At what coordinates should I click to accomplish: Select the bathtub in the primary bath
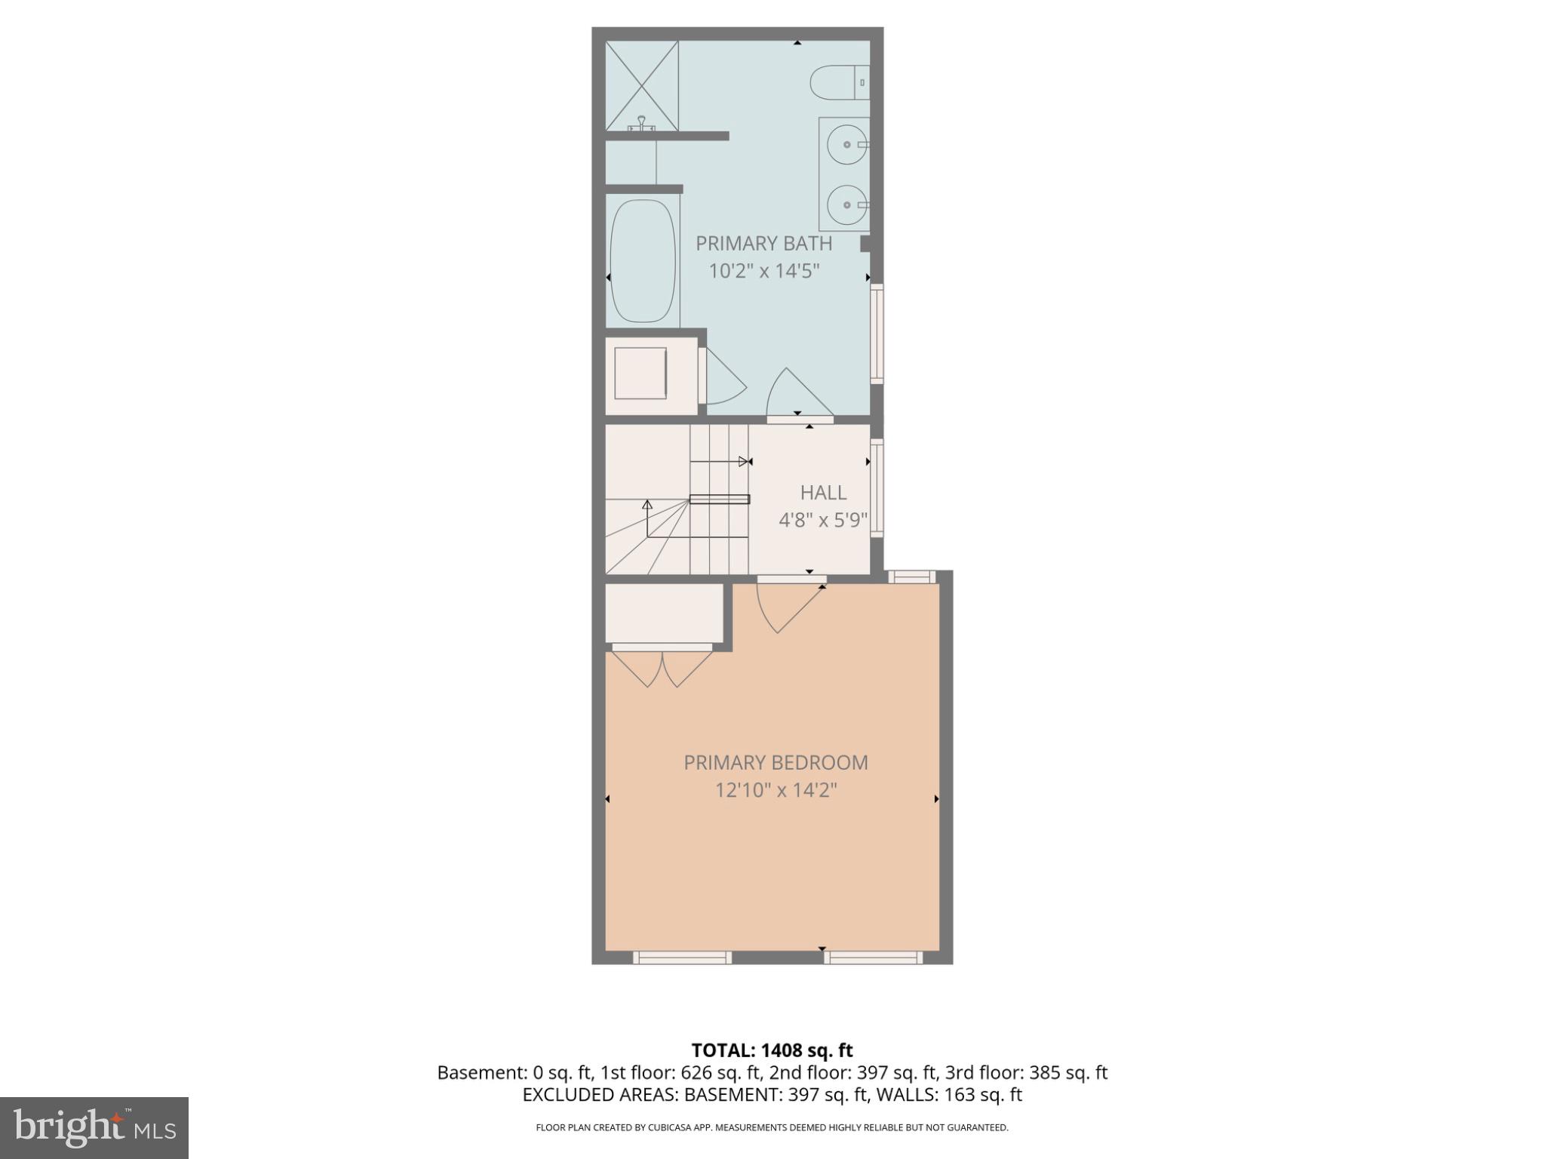coord(643,261)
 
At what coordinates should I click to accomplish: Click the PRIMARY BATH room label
coord(763,244)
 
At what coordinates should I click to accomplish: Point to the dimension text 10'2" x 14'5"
coord(763,271)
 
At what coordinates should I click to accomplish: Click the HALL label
coord(823,493)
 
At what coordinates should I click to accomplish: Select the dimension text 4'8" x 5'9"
coord(823,521)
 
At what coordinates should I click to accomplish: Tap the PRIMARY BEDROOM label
coord(776,763)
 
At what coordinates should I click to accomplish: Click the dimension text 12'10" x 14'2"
coord(776,791)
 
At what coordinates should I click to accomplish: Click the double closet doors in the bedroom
coord(662,668)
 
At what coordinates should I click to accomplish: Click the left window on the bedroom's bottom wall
coord(682,958)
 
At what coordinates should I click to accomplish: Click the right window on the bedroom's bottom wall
coord(873,958)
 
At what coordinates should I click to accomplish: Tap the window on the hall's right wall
coord(877,487)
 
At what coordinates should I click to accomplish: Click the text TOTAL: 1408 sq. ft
coord(772,1050)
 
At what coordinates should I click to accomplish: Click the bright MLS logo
coord(94,1127)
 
